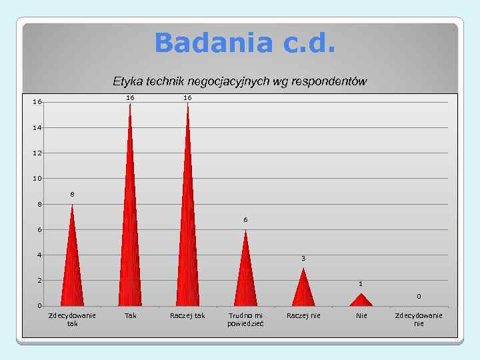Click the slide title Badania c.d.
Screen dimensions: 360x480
(x=245, y=44)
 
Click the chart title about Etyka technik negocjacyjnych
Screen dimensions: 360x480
(x=240, y=81)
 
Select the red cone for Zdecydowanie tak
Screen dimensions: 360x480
(x=72, y=267)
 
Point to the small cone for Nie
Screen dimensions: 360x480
(x=361, y=301)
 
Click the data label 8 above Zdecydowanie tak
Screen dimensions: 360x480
(x=73, y=194)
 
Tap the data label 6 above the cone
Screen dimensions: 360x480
(x=245, y=219)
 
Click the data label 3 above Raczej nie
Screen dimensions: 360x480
(x=303, y=258)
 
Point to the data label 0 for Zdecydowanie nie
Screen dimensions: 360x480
(x=419, y=296)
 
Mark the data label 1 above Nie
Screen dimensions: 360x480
(x=361, y=283)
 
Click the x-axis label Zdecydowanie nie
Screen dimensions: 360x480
(x=419, y=319)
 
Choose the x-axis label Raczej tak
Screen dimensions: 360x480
(x=187, y=315)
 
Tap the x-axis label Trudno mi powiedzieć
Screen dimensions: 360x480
(x=245, y=319)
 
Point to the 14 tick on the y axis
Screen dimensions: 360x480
(x=37, y=127)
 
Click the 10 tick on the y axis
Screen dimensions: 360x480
(x=37, y=179)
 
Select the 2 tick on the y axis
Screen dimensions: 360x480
(x=39, y=281)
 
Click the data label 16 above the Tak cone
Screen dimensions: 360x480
(x=130, y=97)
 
